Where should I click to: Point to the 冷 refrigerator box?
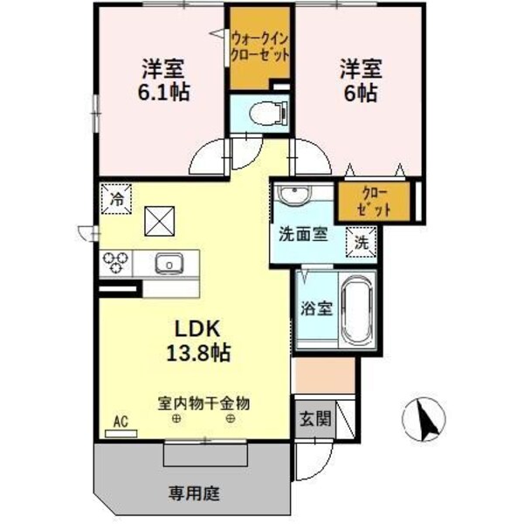tap(115, 198)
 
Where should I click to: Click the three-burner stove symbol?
tap(117, 261)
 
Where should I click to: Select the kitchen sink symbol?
tap(169, 261)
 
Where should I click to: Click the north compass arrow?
tap(427, 417)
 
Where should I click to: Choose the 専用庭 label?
tap(192, 493)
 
